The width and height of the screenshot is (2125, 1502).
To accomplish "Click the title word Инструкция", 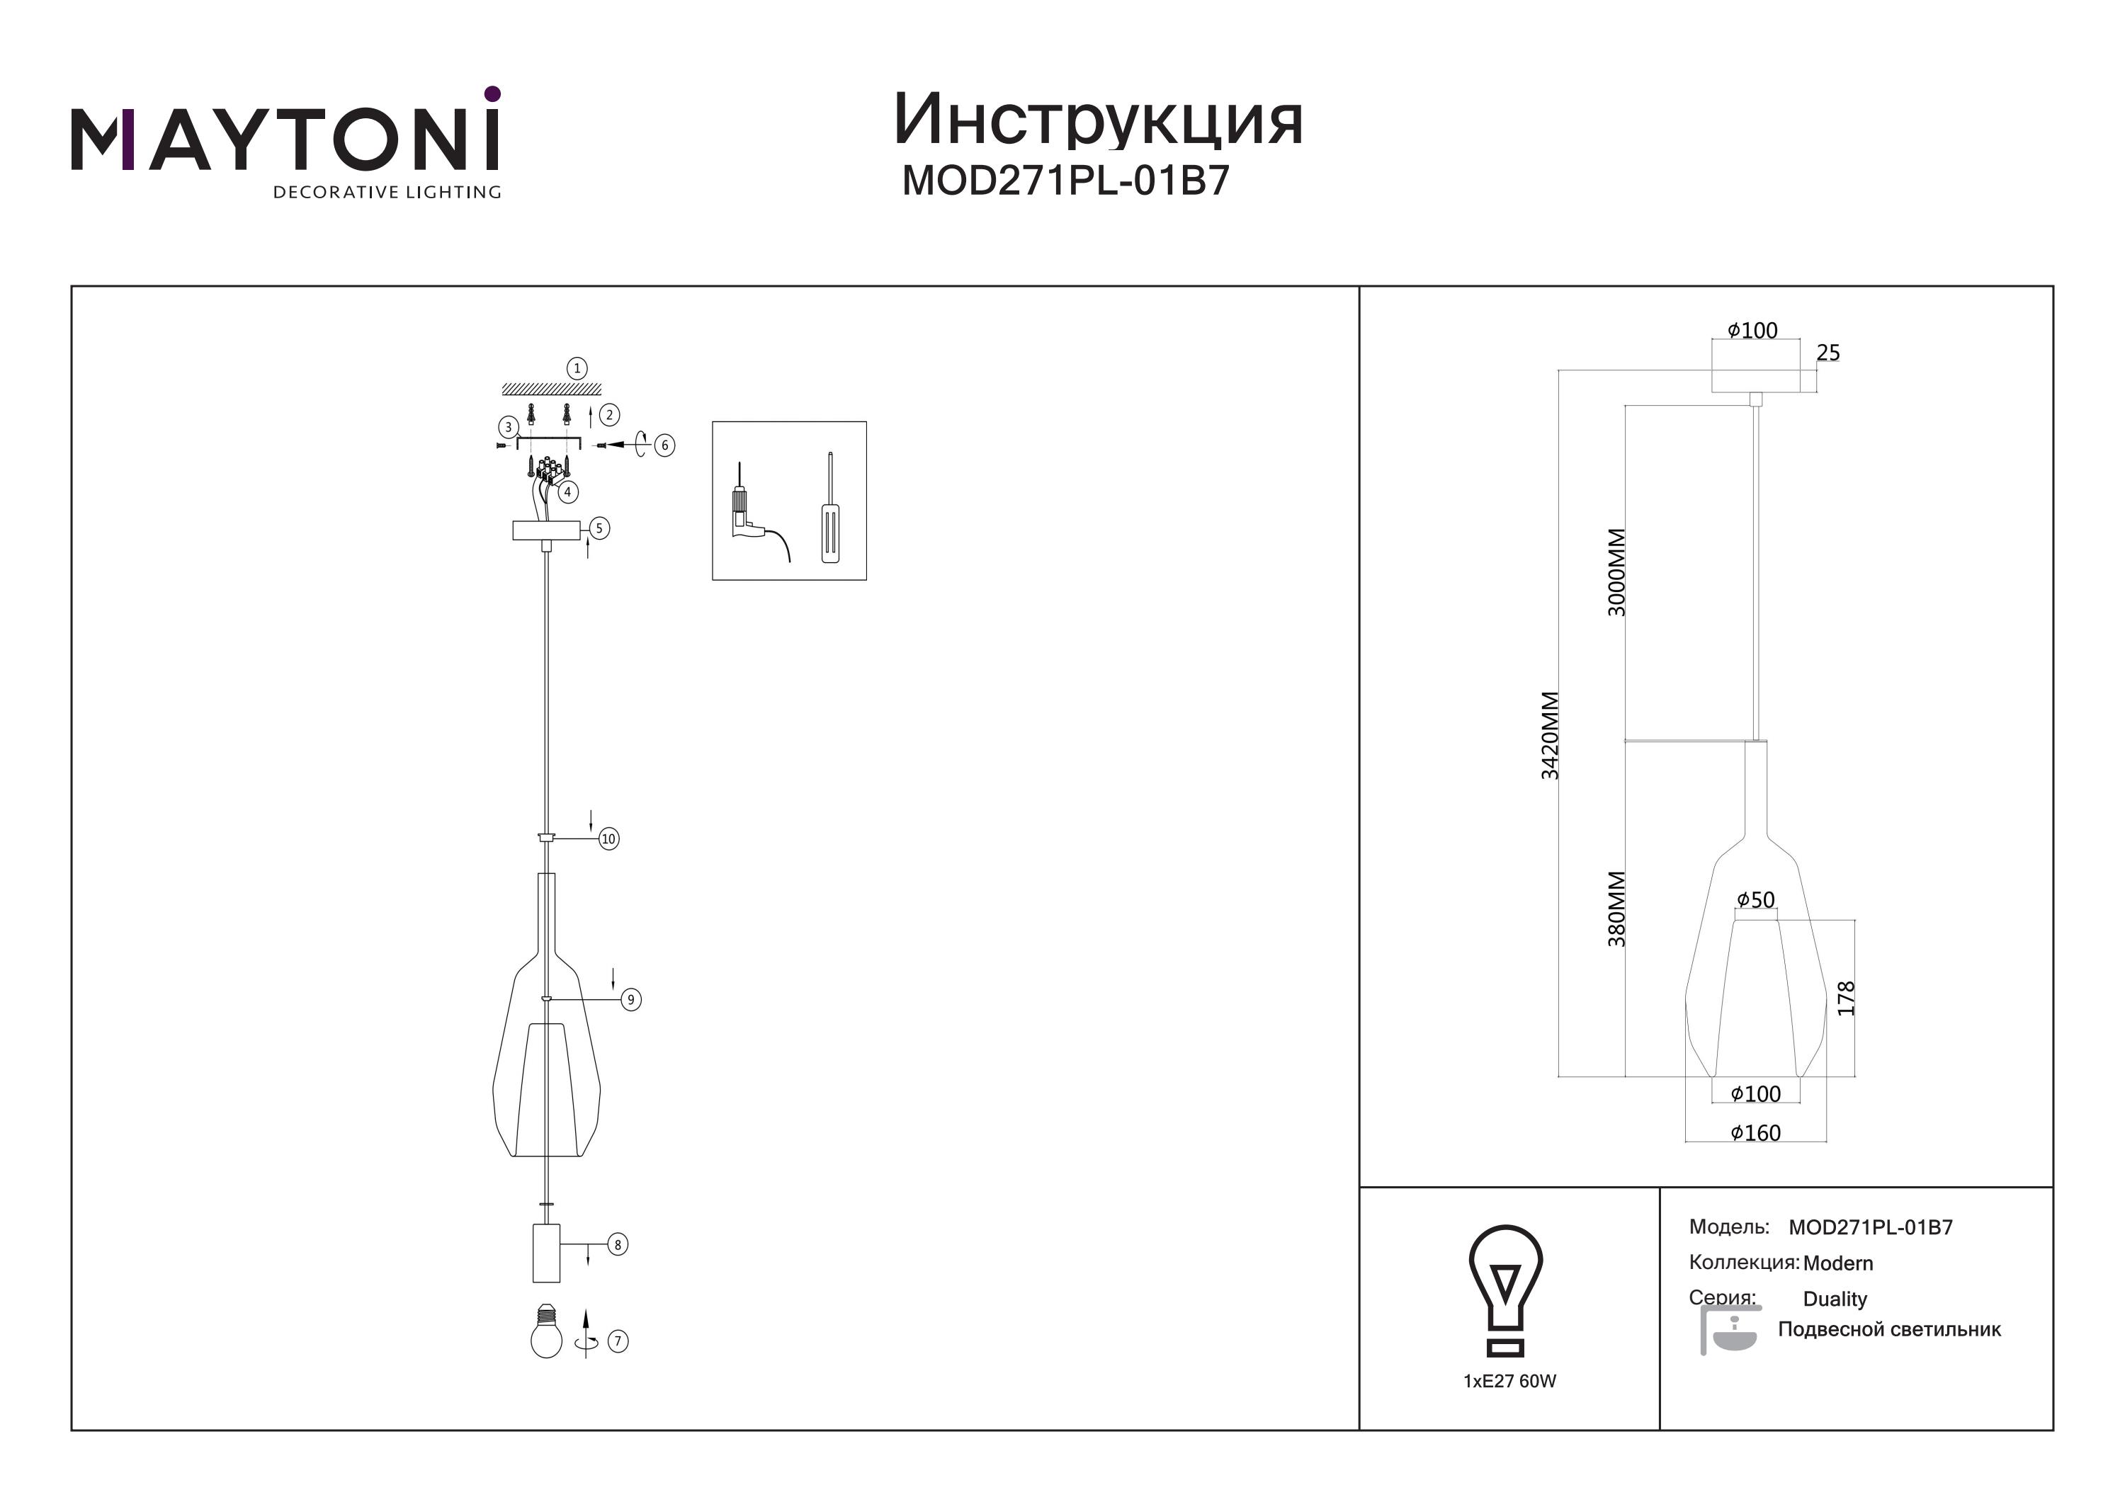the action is point(1099,120).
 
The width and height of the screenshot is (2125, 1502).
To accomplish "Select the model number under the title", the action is point(1066,181).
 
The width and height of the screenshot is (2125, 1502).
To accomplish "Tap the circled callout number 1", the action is point(577,368).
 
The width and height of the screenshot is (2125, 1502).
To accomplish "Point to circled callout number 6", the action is point(664,445).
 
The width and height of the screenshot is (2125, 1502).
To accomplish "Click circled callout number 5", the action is point(599,528).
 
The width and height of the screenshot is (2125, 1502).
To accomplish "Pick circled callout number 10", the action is point(608,839).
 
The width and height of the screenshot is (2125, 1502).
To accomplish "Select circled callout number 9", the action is point(631,999).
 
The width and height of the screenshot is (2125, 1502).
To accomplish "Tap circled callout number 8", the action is point(618,1245).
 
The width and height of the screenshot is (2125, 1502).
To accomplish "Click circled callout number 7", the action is point(618,1341).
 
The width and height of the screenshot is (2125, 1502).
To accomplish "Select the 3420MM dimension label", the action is point(1551,736).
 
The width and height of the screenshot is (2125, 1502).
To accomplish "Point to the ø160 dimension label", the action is point(1756,1133).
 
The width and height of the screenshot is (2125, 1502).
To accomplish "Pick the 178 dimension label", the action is point(1847,999).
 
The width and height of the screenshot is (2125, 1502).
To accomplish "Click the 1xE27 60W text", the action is point(1509,1381).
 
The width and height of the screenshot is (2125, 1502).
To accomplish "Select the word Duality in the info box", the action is point(1835,1299).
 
